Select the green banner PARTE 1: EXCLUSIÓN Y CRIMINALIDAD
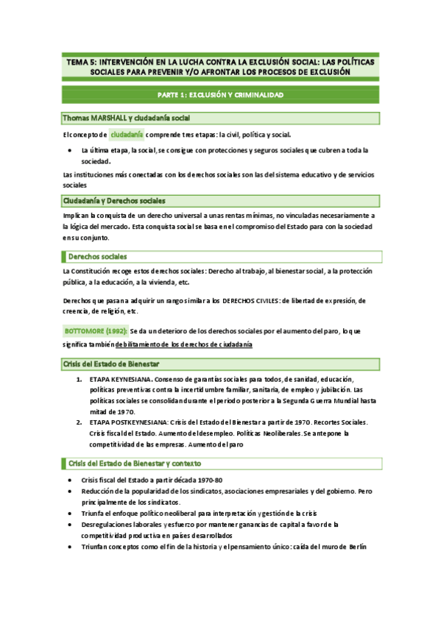tap(221, 95)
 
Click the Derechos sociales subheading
tap(97, 256)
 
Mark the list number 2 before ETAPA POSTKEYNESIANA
tap(80, 423)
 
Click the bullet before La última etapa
tap(68, 150)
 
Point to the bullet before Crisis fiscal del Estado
tap(68, 480)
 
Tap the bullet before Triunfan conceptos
tap(68, 546)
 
